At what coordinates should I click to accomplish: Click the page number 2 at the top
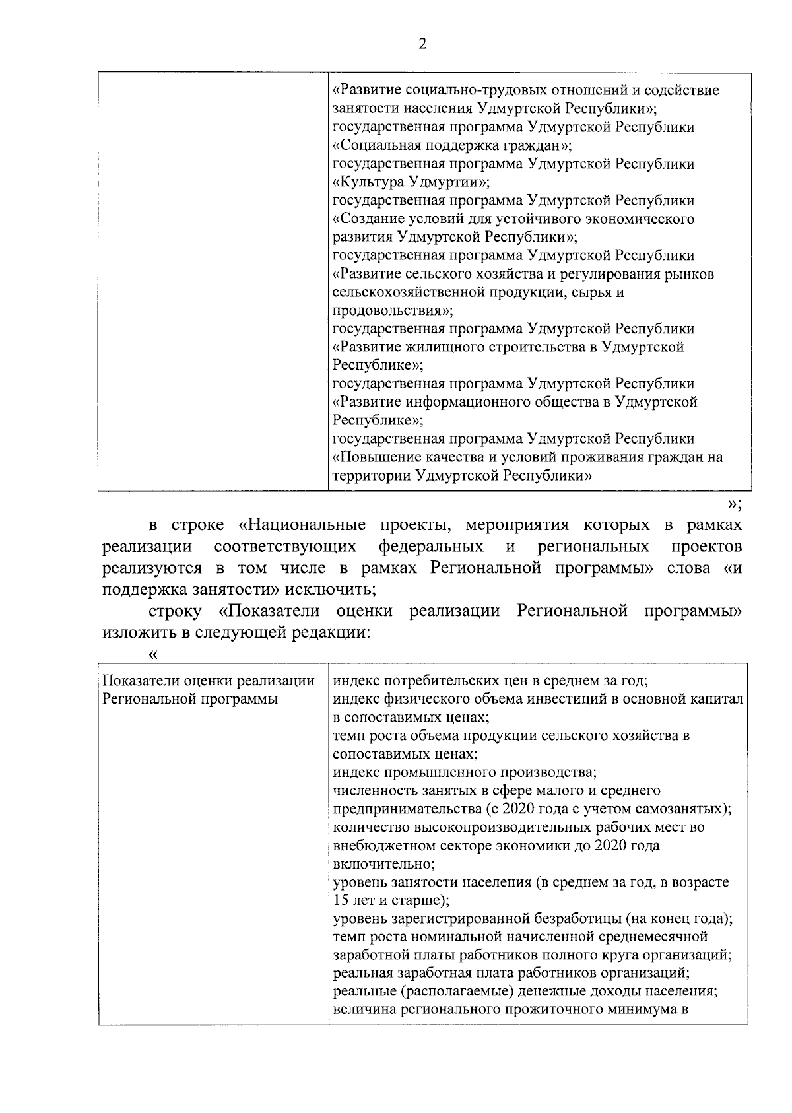point(422,44)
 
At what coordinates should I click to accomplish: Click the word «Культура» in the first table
point(370,182)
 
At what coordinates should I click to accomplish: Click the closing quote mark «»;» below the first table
point(734,505)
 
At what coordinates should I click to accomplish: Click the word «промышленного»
point(442,772)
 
